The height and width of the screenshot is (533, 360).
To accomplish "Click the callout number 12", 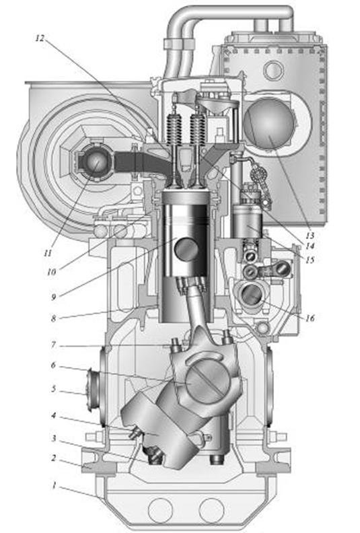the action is pos(40,38).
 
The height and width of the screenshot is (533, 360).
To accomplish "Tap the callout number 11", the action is pos(48,253).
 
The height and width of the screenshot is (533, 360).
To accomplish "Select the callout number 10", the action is pos(52,272).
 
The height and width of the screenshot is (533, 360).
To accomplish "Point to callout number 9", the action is pos(54,297).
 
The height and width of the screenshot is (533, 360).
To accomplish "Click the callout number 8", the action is pos(53,318).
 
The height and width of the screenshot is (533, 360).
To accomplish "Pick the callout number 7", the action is pos(53,345).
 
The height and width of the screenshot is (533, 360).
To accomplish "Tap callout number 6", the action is pos(53,365).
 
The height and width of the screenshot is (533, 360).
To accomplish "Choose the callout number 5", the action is pos(53,388).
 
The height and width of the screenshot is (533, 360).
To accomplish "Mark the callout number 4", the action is pos(53,415).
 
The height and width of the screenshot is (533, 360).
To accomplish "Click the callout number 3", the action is pos(54,439).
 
